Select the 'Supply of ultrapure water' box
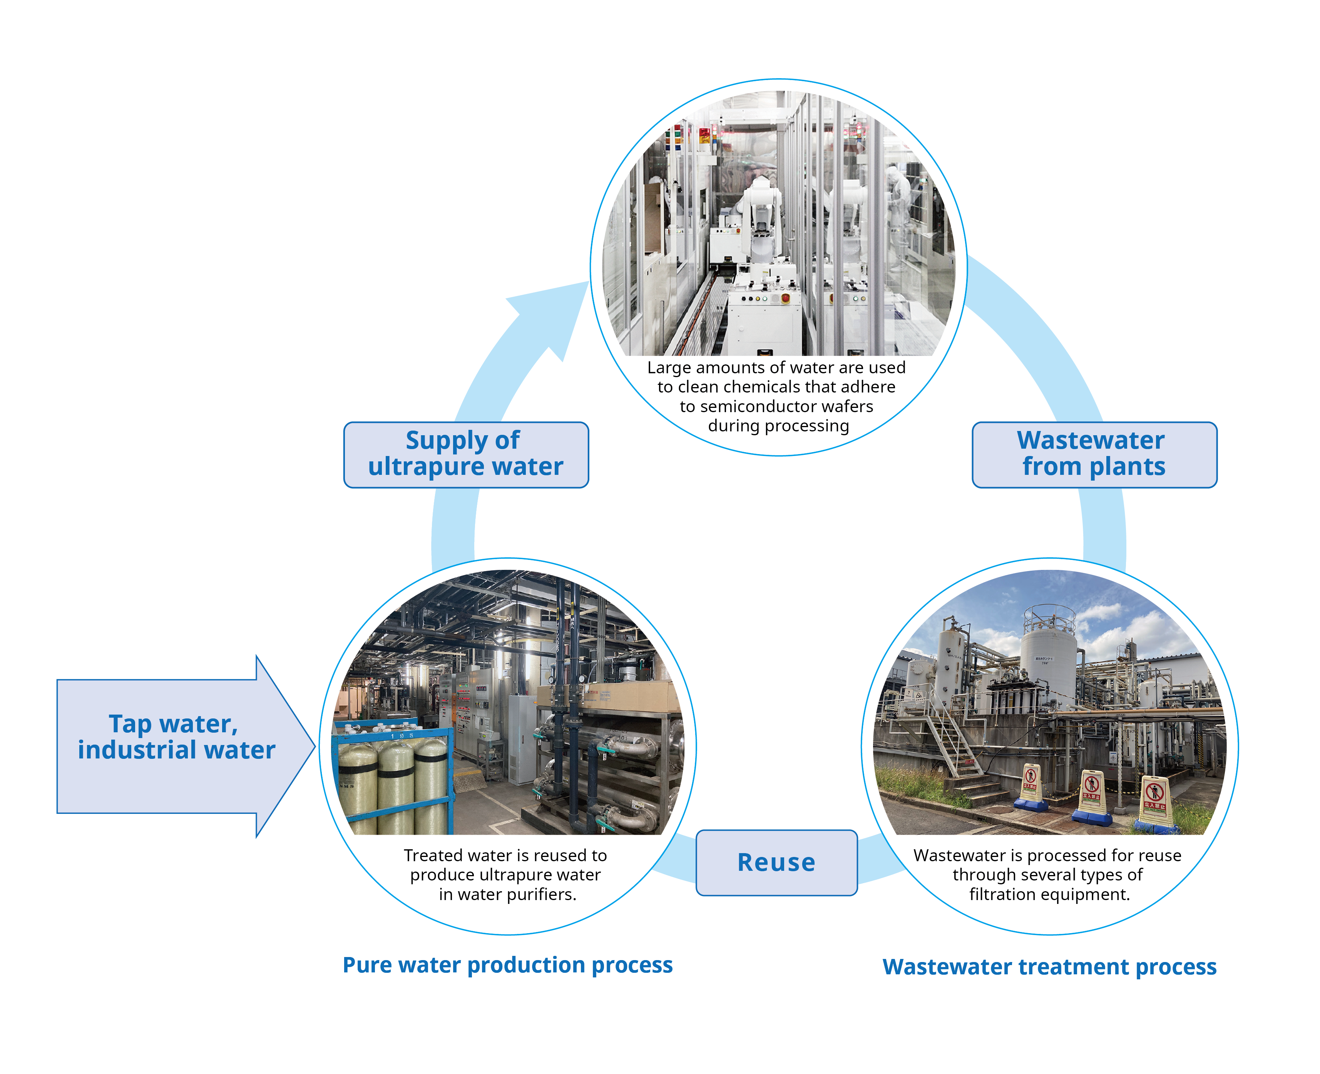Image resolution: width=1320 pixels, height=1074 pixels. [465, 454]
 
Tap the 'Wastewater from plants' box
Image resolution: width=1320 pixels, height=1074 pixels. [1094, 454]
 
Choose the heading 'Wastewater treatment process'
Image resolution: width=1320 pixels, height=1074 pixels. [1049, 966]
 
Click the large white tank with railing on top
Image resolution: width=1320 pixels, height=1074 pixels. [1048, 656]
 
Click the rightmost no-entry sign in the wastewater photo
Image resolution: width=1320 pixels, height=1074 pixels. [1154, 801]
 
